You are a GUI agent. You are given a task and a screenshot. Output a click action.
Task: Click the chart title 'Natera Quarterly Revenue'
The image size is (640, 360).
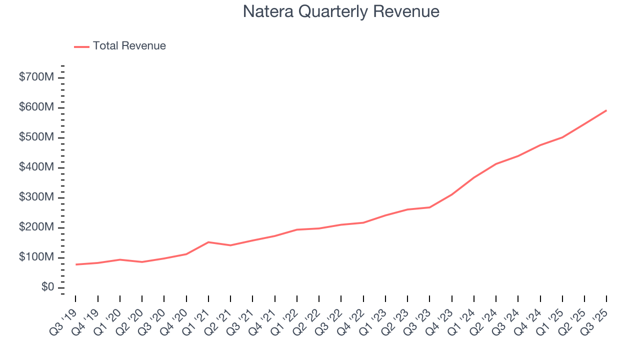(x=341, y=12)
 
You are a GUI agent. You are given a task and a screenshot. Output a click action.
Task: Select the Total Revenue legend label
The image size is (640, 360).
(x=129, y=46)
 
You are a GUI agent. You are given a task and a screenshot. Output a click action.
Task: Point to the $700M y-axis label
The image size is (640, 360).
(x=36, y=77)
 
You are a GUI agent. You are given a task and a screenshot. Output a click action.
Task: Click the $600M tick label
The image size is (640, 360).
(x=36, y=107)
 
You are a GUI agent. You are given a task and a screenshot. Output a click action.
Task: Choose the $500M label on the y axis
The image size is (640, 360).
(x=36, y=137)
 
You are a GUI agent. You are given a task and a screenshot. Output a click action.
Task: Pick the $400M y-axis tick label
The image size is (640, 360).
(x=36, y=167)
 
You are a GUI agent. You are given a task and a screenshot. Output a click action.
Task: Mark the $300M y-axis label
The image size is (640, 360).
(x=36, y=197)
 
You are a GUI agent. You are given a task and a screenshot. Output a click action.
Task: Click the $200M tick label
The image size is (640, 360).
(x=36, y=227)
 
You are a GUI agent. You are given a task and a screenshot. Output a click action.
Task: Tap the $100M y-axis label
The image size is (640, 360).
(x=36, y=257)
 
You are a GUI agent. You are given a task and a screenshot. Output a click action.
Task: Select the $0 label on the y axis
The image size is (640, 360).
(x=47, y=287)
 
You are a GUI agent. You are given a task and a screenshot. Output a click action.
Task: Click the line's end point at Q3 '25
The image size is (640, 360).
(x=606, y=110)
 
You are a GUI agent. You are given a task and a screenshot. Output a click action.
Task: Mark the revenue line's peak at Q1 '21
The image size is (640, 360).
(x=208, y=242)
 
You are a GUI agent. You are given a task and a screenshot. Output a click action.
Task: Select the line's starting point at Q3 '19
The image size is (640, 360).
(x=75, y=264)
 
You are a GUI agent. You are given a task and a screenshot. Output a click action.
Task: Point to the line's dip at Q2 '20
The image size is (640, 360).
(x=142, y=262)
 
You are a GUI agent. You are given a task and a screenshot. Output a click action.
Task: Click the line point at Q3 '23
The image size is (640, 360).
(x=429, y=207)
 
